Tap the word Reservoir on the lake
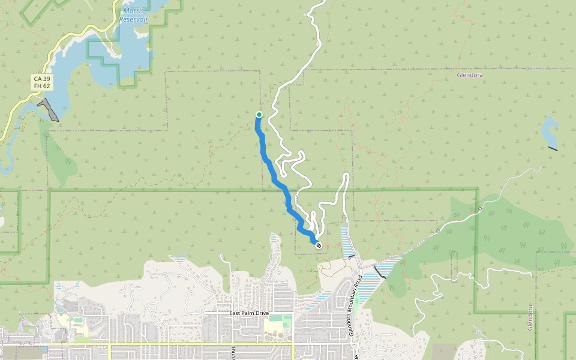[133, 19]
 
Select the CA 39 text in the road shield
[42, 79]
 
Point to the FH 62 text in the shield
[42, 86]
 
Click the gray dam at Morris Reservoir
[49, 110]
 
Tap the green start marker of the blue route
[259, 115]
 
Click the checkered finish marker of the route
[318, 245]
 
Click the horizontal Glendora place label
[470, 76]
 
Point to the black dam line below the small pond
[553, 148]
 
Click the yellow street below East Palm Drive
[180, 344]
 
